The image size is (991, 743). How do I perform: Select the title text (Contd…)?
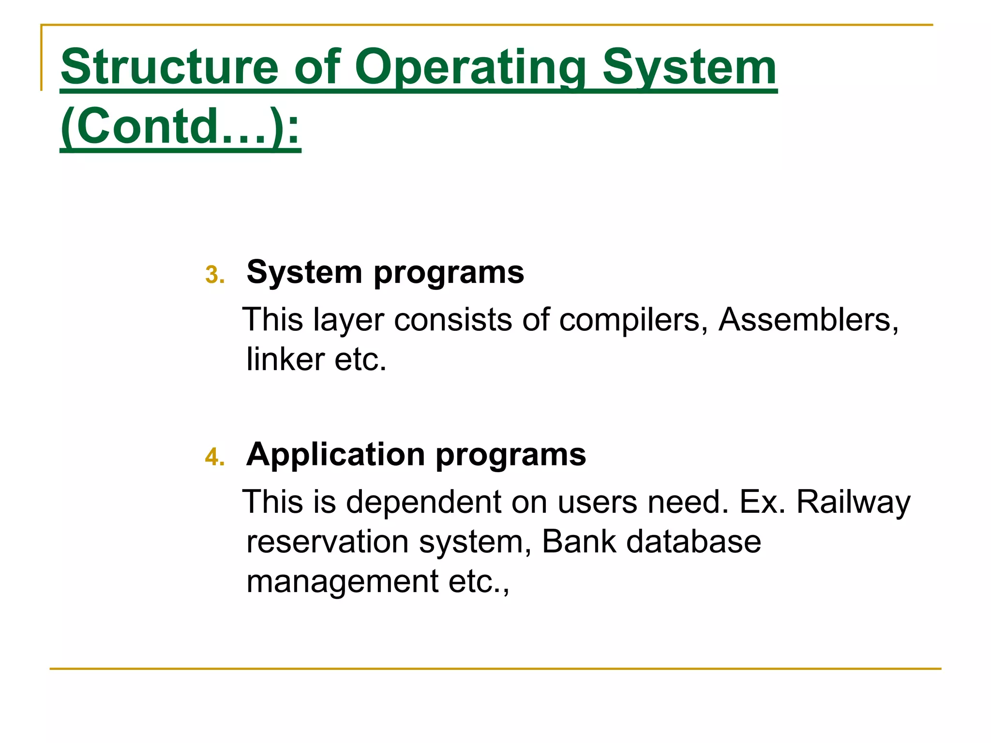(x=180, y=127)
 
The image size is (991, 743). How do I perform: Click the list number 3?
(x=214, y=275)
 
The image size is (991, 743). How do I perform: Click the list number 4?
(x=214, y=457)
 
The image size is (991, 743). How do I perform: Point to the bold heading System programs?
(x=385, y=272)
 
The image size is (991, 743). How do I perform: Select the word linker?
(x=285, y=360)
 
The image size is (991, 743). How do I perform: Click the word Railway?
(x=853, y=502)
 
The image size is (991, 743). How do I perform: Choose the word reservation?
(x=327, y=542)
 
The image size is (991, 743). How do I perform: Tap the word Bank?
(x=578, y=542)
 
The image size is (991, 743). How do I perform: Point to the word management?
(x=342, y=581)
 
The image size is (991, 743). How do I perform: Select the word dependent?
(x=423, y=502)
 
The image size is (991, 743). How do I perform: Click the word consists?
(x=453, y=320)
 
